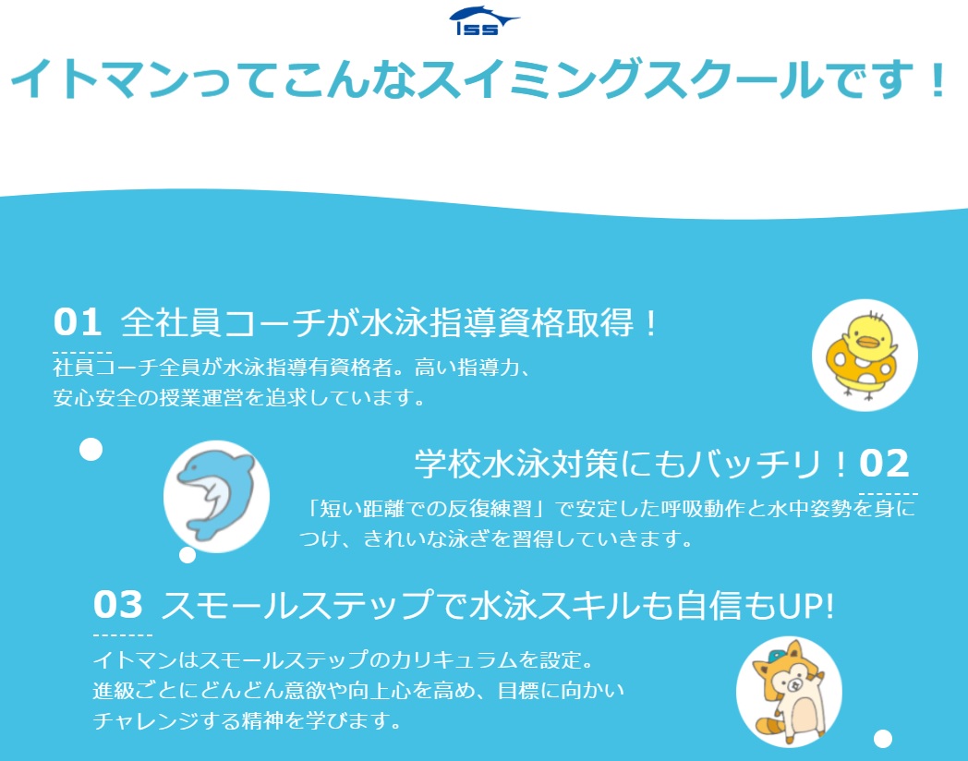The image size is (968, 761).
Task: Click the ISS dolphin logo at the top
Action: click(484, 21)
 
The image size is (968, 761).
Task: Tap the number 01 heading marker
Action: click(78, 321)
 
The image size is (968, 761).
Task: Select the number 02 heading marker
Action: click(884, 463)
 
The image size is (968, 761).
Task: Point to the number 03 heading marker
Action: click(118, 604)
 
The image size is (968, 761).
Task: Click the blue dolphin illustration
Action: click(216, 494)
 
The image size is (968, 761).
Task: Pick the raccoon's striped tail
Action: click(769, 721)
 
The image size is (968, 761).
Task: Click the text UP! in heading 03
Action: click(806, 605)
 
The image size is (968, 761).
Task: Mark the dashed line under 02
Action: click(889, 494)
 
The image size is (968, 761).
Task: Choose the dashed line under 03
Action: click(122, 634)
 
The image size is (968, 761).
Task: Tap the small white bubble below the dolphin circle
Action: click(188, 555)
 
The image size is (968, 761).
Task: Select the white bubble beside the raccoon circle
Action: click(883, 738)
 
